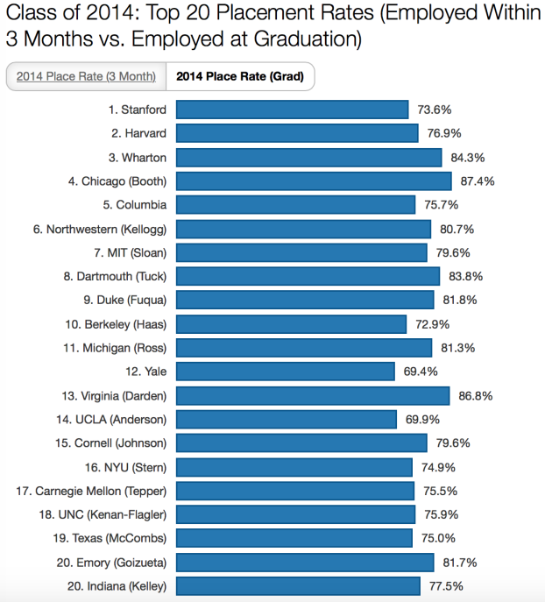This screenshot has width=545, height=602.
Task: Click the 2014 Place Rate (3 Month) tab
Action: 86,76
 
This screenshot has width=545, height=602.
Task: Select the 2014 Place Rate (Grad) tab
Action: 239,76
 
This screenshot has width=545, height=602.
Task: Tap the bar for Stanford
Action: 292,110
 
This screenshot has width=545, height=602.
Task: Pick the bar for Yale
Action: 286,371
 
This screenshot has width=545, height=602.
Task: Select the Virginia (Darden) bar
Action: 313,395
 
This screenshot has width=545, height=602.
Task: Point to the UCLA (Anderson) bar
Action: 287,419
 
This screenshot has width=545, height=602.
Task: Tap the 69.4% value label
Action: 421,372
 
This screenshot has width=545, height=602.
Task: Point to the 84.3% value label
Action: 467,157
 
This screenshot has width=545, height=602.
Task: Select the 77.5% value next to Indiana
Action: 445,585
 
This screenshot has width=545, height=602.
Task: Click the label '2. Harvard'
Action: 138,133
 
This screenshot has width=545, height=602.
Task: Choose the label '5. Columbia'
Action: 134,204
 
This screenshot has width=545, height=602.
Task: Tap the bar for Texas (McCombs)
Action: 294,537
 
